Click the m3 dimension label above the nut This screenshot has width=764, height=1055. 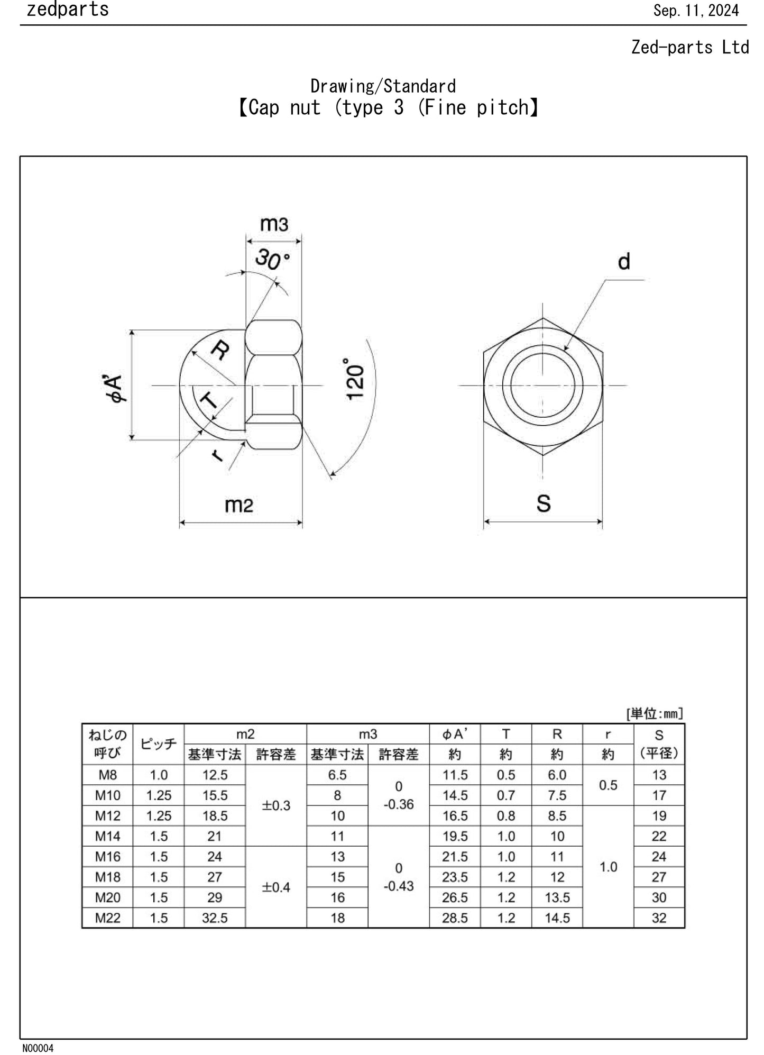274,224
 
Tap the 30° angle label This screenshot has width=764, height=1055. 272,260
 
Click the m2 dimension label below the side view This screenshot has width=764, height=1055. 239,505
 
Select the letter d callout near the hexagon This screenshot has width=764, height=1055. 624,261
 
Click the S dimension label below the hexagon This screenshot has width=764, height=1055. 544,503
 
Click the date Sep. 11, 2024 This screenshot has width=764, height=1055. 696,11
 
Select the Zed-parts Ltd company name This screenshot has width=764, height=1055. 689,48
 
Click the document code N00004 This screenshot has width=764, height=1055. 38,1048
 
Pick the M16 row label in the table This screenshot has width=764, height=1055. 108,856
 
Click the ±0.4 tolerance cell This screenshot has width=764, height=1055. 276,887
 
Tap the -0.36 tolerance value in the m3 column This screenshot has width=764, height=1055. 398,804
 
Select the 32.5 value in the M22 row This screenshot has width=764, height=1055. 215,918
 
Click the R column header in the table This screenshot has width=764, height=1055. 557,734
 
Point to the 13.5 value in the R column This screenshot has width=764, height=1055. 557,897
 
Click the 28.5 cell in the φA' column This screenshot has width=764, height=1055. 455,918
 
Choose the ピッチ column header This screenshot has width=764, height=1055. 159,744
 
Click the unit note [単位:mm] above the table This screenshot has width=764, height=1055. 654,714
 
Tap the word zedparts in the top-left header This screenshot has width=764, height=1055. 68,10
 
